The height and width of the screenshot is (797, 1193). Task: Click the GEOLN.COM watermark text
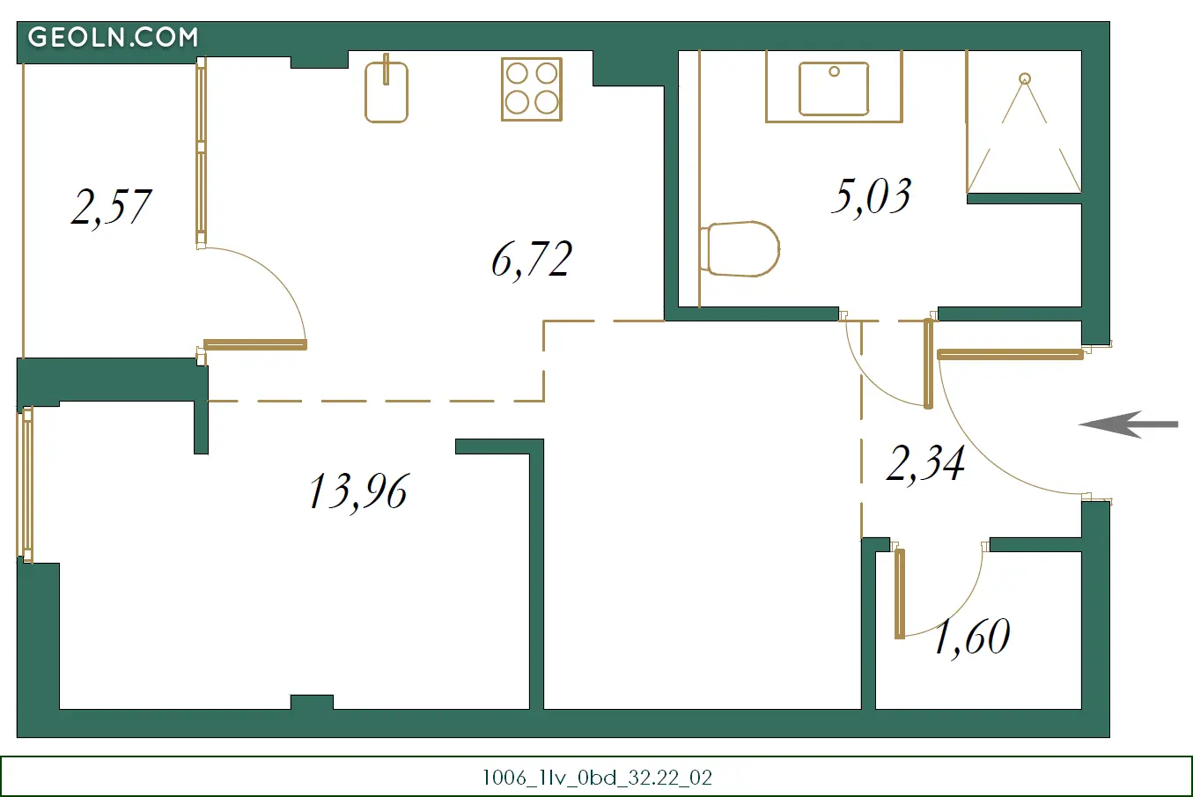pos(113,37)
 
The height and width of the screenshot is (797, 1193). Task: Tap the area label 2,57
pos(111,208)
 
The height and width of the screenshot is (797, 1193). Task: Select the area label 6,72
pos(532,260)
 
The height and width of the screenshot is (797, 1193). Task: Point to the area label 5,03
pos(872,196)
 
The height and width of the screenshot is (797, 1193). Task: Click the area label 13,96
pos(359,492)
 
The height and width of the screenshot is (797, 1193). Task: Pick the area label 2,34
pos(925,464)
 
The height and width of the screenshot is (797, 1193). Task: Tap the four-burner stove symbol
pos(532,89)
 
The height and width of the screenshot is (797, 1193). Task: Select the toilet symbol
pos(740,249)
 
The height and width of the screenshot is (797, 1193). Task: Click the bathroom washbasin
pos(834,88)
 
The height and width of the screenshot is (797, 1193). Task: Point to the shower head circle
pos(1025,79)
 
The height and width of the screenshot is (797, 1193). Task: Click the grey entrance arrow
pos(1128,424)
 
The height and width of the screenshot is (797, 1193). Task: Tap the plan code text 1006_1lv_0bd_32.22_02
pos(597,778)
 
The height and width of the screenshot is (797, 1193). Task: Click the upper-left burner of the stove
pos(517,74)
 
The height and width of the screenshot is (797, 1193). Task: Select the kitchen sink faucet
pos(387,69)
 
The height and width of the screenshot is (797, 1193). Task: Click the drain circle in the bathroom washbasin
pos(834,71)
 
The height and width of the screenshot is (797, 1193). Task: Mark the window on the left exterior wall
pos(25,484)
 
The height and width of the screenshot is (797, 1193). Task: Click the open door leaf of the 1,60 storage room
pos(900,594)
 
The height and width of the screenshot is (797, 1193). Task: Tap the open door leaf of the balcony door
pos(255,345)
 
